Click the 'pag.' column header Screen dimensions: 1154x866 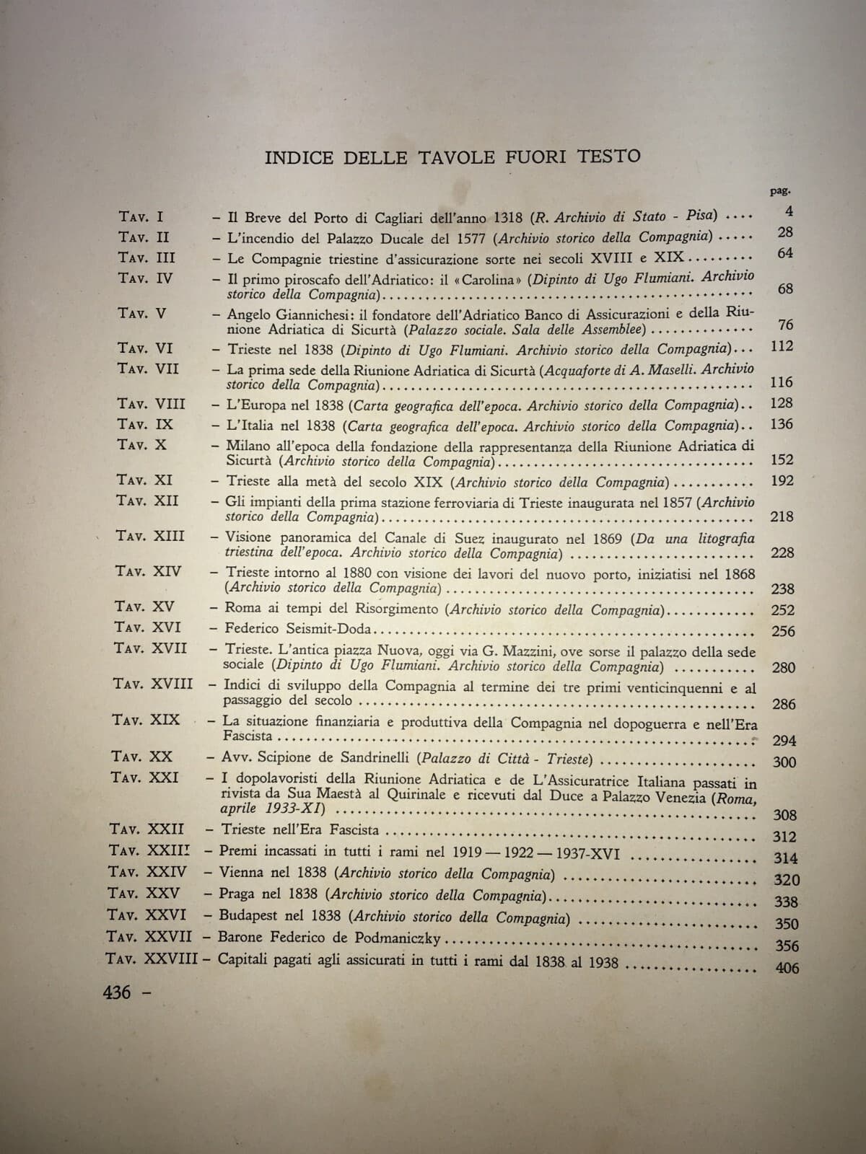click(x=780, y=192)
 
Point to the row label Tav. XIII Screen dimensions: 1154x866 click(x=151, y=536)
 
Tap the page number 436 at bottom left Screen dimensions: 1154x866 click(x=118, y=993)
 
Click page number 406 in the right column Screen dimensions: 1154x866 click(x=786, y=968)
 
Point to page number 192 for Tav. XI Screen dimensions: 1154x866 click(x=782, y=481)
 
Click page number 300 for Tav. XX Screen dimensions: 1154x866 click(x=784, y=762)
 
